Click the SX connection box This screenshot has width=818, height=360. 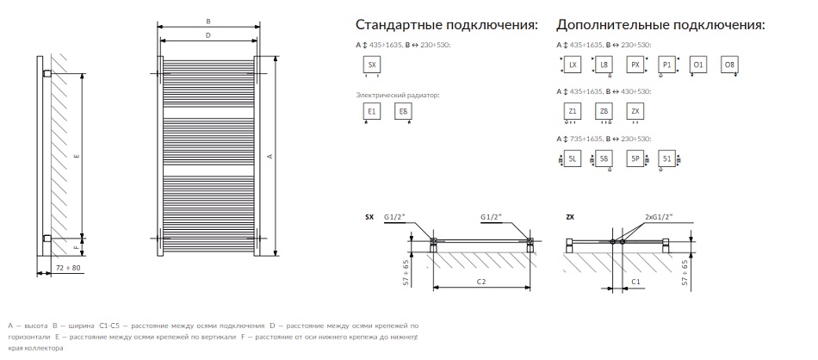coord(372,65)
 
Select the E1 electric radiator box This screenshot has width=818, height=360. coord(372,112)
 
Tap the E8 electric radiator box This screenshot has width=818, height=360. coord(402,112)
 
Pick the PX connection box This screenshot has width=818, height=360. coord(635,65)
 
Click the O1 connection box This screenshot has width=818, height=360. coord(698,65)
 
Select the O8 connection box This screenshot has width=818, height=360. coord(728,65)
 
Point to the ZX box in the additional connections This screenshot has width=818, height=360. coord(635,112)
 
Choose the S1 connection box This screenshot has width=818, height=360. coord(666,158)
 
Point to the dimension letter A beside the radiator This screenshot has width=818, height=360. coord(270,156)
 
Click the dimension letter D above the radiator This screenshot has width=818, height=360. coord(208,35)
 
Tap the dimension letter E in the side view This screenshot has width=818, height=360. coord(77,156)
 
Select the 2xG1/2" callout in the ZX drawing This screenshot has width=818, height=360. coord(660,218)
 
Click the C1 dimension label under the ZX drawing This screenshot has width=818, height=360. coord(635,281)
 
